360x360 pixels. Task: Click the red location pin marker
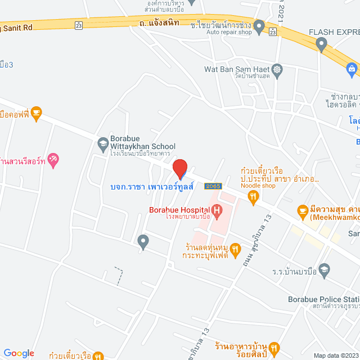coord(179,168)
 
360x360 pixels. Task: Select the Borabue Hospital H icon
coord(217,210)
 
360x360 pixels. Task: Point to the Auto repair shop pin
coord(259,26)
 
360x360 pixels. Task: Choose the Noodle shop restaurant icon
coord(253,196)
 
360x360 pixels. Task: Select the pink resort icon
coord(53,159)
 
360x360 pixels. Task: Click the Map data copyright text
coord(335,355)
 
